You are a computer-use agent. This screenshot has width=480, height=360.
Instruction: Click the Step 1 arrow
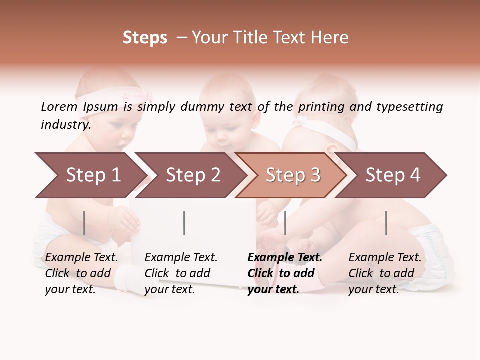point(92,175)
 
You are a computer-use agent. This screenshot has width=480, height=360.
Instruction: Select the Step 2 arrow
point(192,175)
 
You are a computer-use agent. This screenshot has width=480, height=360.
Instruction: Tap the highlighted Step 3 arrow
point(292,175)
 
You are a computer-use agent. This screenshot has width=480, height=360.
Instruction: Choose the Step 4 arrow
point(392,175)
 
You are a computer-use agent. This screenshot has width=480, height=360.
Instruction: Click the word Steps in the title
point(145,37)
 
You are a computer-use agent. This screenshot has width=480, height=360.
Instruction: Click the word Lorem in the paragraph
point(59,106)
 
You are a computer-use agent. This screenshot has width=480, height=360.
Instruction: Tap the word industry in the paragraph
point(65,125)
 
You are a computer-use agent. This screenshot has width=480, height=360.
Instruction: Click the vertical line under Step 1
point(84,223)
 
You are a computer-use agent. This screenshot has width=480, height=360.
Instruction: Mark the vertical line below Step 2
point(184,223)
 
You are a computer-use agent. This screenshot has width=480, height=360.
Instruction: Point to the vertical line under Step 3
point(285,223)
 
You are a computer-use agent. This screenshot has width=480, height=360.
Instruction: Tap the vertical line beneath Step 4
point(386,223)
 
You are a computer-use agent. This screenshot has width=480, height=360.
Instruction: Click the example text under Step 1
point(81,273)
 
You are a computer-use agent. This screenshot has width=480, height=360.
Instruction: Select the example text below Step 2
point(181,273)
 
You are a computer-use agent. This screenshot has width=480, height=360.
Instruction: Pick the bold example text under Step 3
point(285,273)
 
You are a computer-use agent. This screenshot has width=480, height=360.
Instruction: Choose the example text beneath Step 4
point(385,273)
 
